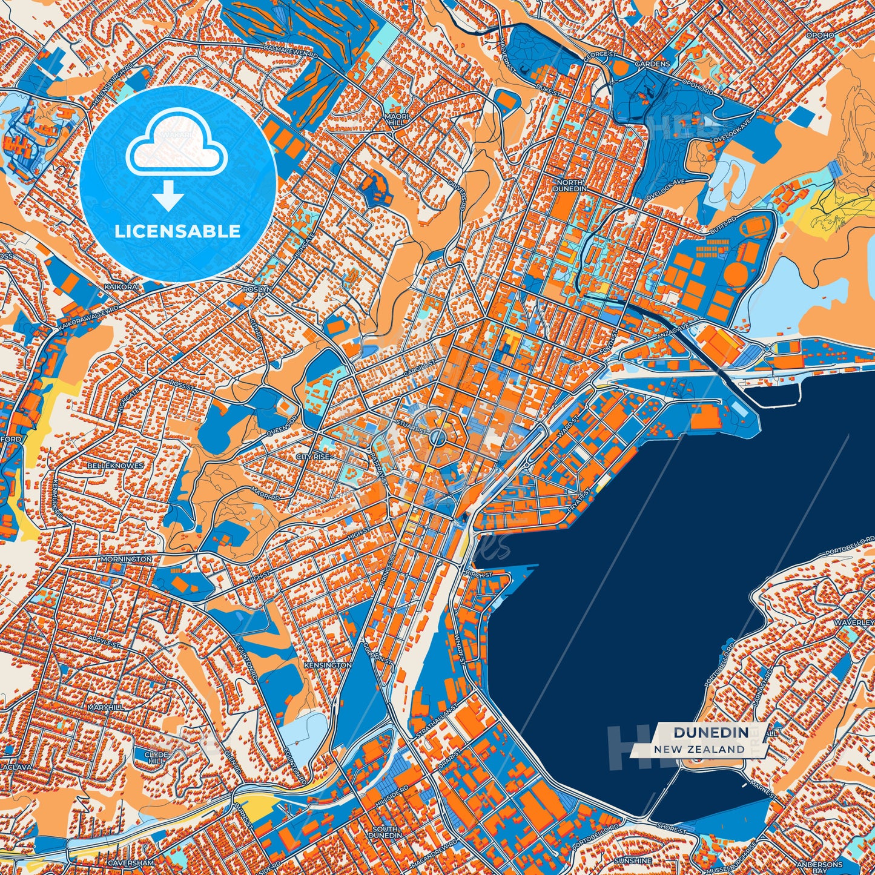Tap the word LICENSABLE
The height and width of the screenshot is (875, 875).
(178, 231)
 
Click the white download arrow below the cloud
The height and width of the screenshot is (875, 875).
(168, 196)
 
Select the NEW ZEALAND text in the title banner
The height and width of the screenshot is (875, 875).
(699, 749)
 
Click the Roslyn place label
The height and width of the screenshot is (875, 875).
(257, 289)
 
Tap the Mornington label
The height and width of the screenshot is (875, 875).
(127, 559)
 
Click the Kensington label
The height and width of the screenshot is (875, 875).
(328, 665)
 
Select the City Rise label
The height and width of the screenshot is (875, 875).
(313, 457)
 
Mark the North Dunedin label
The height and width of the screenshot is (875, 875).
(569, 185)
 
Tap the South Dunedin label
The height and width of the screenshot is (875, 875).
(385, 832)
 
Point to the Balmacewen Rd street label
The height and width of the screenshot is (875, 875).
(291, 53)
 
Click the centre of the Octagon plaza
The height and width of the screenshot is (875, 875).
(438, 438)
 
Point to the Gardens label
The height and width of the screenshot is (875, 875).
(652, 64)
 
